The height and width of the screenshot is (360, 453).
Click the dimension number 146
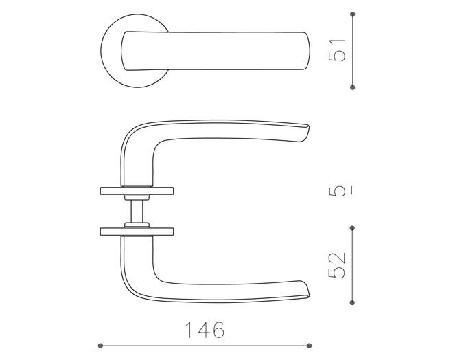(205, 330)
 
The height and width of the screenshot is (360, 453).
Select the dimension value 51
(337, 50)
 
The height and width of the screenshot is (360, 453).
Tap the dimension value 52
(337, 265)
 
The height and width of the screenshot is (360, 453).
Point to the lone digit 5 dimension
(337, 191)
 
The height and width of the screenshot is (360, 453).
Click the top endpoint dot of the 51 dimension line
(352, 14)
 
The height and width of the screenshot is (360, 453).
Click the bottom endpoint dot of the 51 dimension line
(352, 87)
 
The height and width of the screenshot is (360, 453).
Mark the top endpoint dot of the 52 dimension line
(352, 228)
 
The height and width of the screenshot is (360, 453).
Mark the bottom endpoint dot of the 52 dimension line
(352, 302)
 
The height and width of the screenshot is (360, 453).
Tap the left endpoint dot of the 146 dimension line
(100, 346)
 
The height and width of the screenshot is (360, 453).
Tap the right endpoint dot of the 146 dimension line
(310, 346)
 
